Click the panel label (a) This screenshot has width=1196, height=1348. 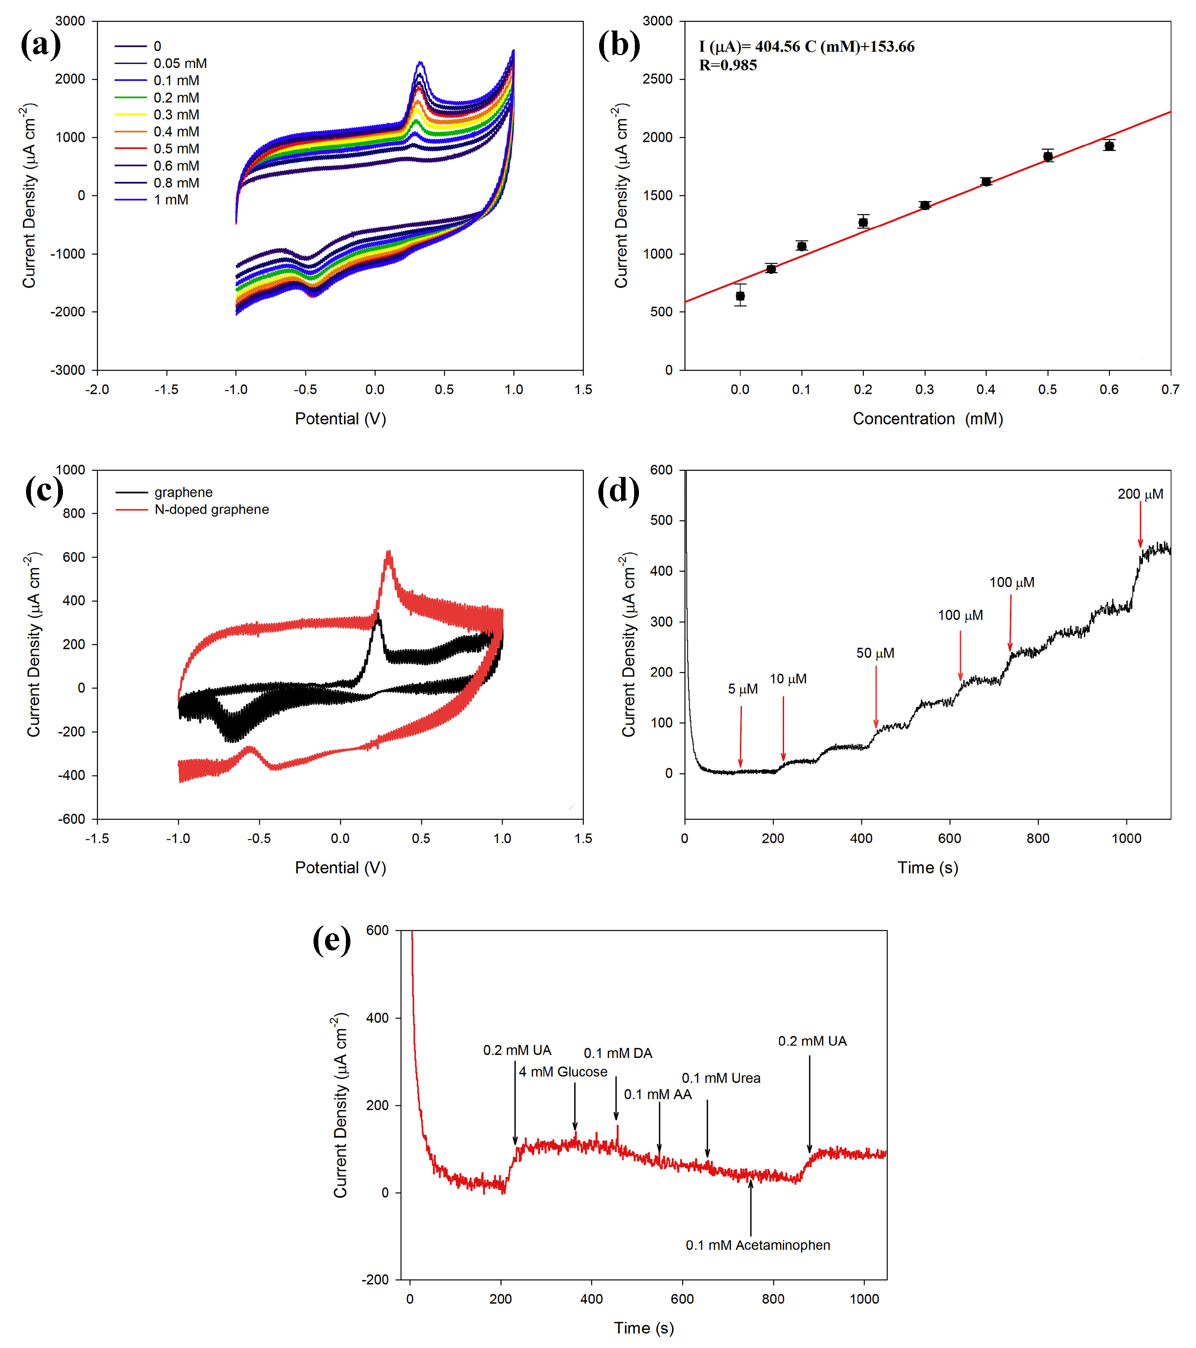coord(41,45)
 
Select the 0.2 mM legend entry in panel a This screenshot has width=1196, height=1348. coord(175,98)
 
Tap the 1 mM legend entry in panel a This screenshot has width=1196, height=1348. coord(170,200)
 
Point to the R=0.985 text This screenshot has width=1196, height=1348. coord(728,65)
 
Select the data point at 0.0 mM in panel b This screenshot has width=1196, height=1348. coord(740,296)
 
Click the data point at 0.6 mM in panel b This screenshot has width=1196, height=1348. coord(1109,146)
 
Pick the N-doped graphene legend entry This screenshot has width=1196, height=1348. coord(211,509)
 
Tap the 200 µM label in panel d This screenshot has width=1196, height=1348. coord(1140,494)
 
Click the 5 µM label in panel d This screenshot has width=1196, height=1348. coord(742,689)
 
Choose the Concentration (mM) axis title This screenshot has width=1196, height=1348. coord(928,419)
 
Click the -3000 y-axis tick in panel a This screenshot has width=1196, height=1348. coord(70,370)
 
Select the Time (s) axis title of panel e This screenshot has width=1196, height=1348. coord(643,1328)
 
